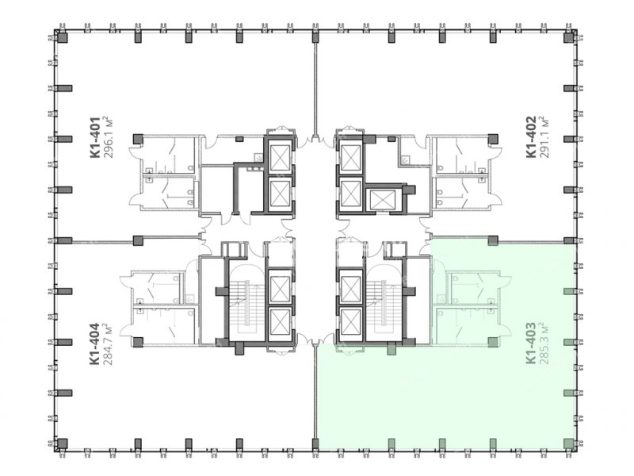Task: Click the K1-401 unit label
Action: (94, 137)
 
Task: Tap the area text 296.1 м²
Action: (108, 137)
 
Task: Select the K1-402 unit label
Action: (531, 136)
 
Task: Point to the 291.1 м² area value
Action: (544, 136)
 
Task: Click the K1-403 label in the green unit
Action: (531, 344)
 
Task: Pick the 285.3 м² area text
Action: (544, 344)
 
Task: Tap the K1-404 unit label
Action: (94, 344)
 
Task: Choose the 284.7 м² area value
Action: (108, 344)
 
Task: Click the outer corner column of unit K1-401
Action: (62, 37)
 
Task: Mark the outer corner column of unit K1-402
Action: (569, 37)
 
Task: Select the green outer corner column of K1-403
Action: (569, 443)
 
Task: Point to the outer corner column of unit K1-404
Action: (62, 443)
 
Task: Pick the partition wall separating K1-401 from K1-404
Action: (103, 242)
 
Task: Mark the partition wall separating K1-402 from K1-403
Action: (531, 242)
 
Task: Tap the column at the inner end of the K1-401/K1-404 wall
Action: (138, 241)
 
